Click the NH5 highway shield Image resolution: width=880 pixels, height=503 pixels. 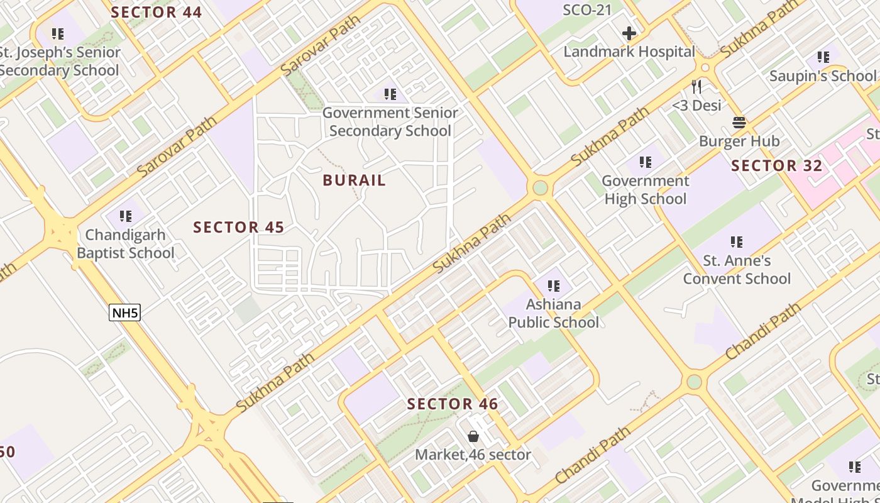(x=124, y=312)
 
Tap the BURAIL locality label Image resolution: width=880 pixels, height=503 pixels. (x=355, y=180)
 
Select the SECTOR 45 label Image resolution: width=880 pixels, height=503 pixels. (x=239, y=228)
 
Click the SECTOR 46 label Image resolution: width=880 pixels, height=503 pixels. (x=453, y=404)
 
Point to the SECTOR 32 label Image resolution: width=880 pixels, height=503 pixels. (x=777, y=166)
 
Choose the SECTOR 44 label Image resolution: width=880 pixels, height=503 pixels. (x=157, y=12)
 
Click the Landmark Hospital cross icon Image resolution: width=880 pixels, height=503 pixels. (x=629, y=33)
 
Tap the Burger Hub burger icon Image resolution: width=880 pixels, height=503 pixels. (x=739, y=122)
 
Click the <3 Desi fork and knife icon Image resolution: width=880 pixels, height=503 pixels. (x=696, y=86)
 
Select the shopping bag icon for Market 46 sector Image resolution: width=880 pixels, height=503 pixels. (x=473, y=436)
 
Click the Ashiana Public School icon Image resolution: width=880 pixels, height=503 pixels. (x=554, y=286)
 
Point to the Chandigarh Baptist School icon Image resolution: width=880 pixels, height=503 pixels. (x=126, y=216)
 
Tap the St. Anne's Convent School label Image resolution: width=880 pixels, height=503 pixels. (x=737, y=269)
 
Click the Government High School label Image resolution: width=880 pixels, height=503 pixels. (x=646, y=190)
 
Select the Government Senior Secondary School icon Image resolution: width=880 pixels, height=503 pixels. (x=390, y=94)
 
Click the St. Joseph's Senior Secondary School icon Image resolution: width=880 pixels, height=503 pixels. (x=58, y=34)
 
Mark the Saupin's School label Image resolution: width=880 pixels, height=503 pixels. (x=822, y=76)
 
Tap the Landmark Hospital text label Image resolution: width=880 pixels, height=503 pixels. (x=629, y=52)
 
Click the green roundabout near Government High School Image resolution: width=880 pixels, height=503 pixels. (x=540, y=187)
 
